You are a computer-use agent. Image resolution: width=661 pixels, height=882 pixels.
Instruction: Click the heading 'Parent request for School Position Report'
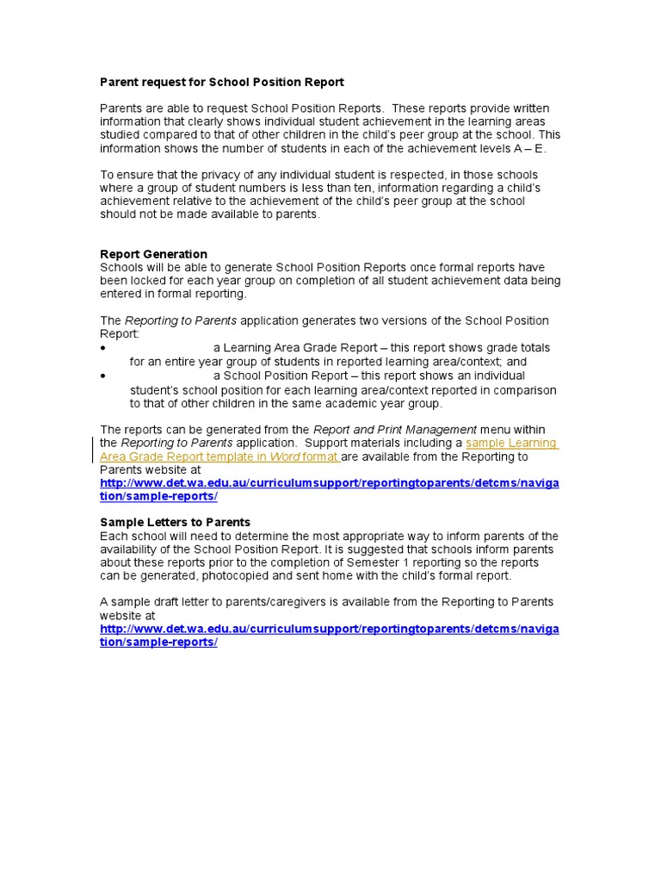222,83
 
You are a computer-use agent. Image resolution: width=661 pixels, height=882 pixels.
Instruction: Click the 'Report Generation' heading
153,254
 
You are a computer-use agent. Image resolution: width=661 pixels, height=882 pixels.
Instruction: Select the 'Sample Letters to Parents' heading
175,522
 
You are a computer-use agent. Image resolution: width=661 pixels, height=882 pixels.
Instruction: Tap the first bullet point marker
102,348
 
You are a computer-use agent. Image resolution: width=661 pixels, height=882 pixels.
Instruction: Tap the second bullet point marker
102,376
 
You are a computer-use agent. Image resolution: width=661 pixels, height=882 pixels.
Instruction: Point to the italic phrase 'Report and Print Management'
394,429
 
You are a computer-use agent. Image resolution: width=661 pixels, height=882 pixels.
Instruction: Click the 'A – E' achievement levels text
529,149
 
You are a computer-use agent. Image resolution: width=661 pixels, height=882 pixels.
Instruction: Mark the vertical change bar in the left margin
93,450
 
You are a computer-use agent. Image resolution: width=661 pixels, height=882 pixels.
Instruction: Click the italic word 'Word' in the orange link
284,457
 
